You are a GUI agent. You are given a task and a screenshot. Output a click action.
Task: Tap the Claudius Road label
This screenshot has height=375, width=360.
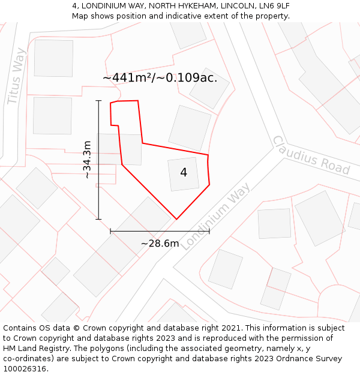[311, 155]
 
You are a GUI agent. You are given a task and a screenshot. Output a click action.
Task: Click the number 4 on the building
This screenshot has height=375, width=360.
[184, 172]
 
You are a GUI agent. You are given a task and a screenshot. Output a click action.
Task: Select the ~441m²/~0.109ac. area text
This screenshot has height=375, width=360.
[160, 78]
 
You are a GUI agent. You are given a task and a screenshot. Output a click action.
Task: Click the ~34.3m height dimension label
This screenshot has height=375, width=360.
[88, 160]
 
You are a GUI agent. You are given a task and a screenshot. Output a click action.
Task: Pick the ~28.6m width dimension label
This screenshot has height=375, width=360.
[160, 244]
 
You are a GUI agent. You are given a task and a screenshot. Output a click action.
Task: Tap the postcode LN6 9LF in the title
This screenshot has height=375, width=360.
[273, 5]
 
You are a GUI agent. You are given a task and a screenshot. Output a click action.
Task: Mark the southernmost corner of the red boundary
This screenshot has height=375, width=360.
[176, 219]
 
